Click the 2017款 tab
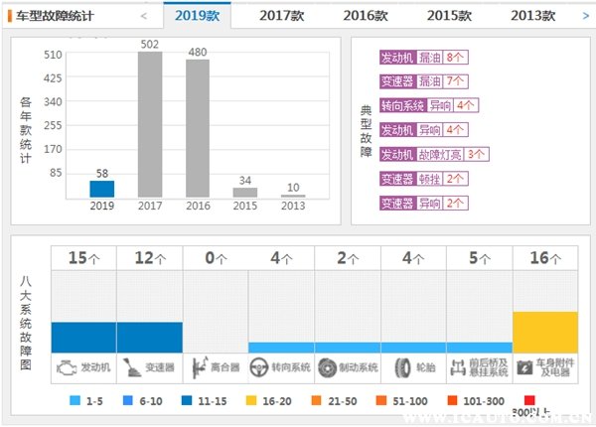click(x=283, y=15)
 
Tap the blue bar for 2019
click(x=102, y=188)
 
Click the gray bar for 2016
click(x=199, y=127)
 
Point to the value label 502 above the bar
click(x=150, y=44)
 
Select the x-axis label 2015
click(x=245, y=206)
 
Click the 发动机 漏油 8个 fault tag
click(x=424, y=58)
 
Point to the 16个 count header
click(x=545, y=258)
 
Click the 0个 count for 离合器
click(x=216, y=258)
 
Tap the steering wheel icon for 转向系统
click(x=257, y=366)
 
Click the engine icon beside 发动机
click(x=66, y=366)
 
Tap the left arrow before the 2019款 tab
click(x=144, y=16)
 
